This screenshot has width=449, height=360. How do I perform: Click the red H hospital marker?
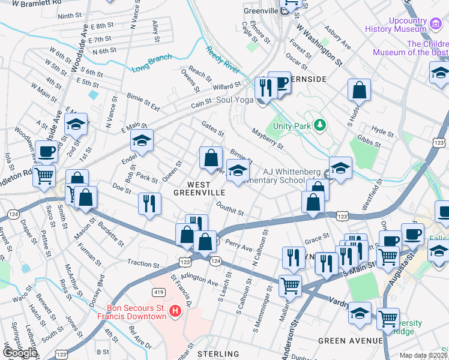175,311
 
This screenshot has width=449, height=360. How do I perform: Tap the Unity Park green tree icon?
321,125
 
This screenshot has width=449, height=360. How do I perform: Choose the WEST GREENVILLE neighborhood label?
199,188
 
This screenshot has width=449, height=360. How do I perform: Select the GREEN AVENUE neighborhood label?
350,341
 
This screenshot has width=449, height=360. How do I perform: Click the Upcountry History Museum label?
399,25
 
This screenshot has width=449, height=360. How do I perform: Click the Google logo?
19,352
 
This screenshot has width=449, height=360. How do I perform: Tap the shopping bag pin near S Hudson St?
358,91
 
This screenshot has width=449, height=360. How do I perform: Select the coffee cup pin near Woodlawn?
46,152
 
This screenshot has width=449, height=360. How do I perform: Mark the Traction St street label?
143,263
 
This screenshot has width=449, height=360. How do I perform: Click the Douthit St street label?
230,208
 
